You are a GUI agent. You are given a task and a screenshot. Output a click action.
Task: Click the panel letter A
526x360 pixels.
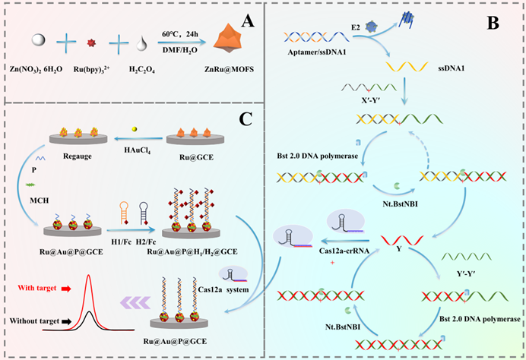point(248,21)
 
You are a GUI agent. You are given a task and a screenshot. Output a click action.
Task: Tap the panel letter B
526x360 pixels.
point(493,23)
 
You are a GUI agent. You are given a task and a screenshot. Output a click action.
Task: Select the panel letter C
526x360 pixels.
point(246,118)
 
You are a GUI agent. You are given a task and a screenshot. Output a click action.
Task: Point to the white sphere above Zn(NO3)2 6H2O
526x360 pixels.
point(38,40)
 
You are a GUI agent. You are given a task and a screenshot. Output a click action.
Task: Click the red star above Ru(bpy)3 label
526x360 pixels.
point(91,43)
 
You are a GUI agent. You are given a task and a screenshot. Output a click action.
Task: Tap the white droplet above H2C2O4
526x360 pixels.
point(141,43)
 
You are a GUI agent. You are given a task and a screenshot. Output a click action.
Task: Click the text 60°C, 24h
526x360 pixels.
point(180,34)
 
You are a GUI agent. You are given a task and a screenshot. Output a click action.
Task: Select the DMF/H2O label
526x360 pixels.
point(180,50)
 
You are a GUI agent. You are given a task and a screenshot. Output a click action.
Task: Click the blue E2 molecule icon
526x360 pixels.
point(371,26)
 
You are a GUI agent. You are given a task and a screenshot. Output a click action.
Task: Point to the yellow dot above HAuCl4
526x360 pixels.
point(135,129)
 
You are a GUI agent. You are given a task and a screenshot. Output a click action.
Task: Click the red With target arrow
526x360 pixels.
point(66,289)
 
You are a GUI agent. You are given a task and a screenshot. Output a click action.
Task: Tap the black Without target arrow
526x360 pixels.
point(66,321)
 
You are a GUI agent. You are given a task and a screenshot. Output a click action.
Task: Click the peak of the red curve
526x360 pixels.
point(89,275)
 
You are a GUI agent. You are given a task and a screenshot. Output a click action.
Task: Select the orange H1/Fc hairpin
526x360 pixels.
point(124,212)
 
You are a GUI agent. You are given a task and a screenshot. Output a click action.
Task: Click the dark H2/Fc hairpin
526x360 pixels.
point(144,213)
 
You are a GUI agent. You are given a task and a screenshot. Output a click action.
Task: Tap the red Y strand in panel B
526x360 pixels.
point(402,240)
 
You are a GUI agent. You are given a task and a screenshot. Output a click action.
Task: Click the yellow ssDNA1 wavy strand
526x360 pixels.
point(407,67)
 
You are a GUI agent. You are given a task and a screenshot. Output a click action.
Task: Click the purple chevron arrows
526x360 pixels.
point(135,303)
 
